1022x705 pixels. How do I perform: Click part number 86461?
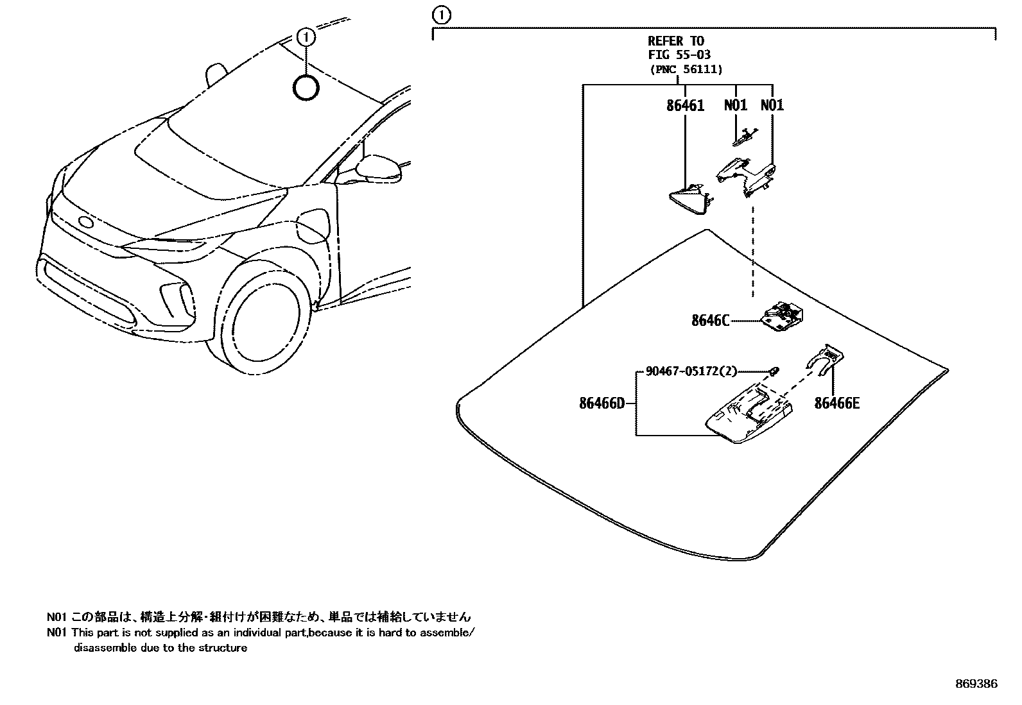pos(685,105)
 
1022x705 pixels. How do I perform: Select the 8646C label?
pos(710,320)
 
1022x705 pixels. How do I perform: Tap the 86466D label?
pos(602,403)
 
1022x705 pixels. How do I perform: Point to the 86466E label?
pos(836,403)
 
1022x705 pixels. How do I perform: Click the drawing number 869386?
pos(977,684)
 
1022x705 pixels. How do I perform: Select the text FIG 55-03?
pos(679,55)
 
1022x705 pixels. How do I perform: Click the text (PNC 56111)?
pos(685,69)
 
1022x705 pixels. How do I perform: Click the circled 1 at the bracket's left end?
pos(442,15)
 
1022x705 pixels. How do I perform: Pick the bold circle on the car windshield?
pos(306,88)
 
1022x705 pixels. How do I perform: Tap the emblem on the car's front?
pos(85,223)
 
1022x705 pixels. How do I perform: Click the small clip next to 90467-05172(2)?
pos(774,371)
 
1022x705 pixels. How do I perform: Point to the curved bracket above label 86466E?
pos(826,359)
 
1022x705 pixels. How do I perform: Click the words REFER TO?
pos(675,42)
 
